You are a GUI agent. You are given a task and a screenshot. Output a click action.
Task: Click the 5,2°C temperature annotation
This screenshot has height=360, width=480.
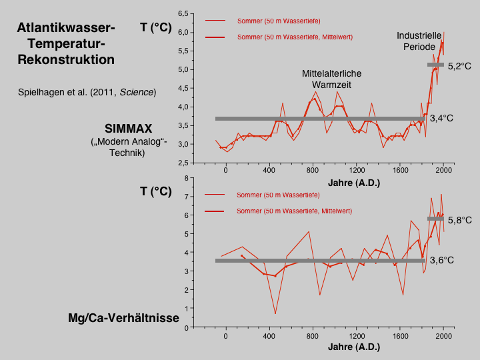pos(460,67)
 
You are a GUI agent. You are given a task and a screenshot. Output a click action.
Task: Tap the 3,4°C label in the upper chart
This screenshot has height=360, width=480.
pos(441,119)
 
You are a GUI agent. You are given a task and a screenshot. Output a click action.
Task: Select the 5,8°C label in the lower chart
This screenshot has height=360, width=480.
pos(460,220)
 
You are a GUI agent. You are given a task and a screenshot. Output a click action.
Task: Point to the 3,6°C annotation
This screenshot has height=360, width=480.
pos(441,261)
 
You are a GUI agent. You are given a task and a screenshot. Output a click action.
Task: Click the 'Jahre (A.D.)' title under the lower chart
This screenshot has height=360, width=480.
pos(354,347)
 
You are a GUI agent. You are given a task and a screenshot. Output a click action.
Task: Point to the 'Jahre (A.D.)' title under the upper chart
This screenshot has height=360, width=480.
pos(354,182)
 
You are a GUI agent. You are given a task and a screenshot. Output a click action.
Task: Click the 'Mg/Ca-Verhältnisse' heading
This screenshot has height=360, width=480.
pos(124,318)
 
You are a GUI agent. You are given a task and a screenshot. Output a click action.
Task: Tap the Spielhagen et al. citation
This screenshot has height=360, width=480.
pos(87,92)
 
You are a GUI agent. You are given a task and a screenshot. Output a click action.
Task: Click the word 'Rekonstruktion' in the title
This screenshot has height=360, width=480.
pos(66,59)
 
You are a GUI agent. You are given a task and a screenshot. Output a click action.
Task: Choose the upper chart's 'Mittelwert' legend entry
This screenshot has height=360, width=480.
pos(295,37)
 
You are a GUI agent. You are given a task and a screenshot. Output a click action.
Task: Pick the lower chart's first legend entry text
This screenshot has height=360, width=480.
pos(279,195)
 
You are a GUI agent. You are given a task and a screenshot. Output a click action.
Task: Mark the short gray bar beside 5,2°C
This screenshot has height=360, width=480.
pos(435,65)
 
